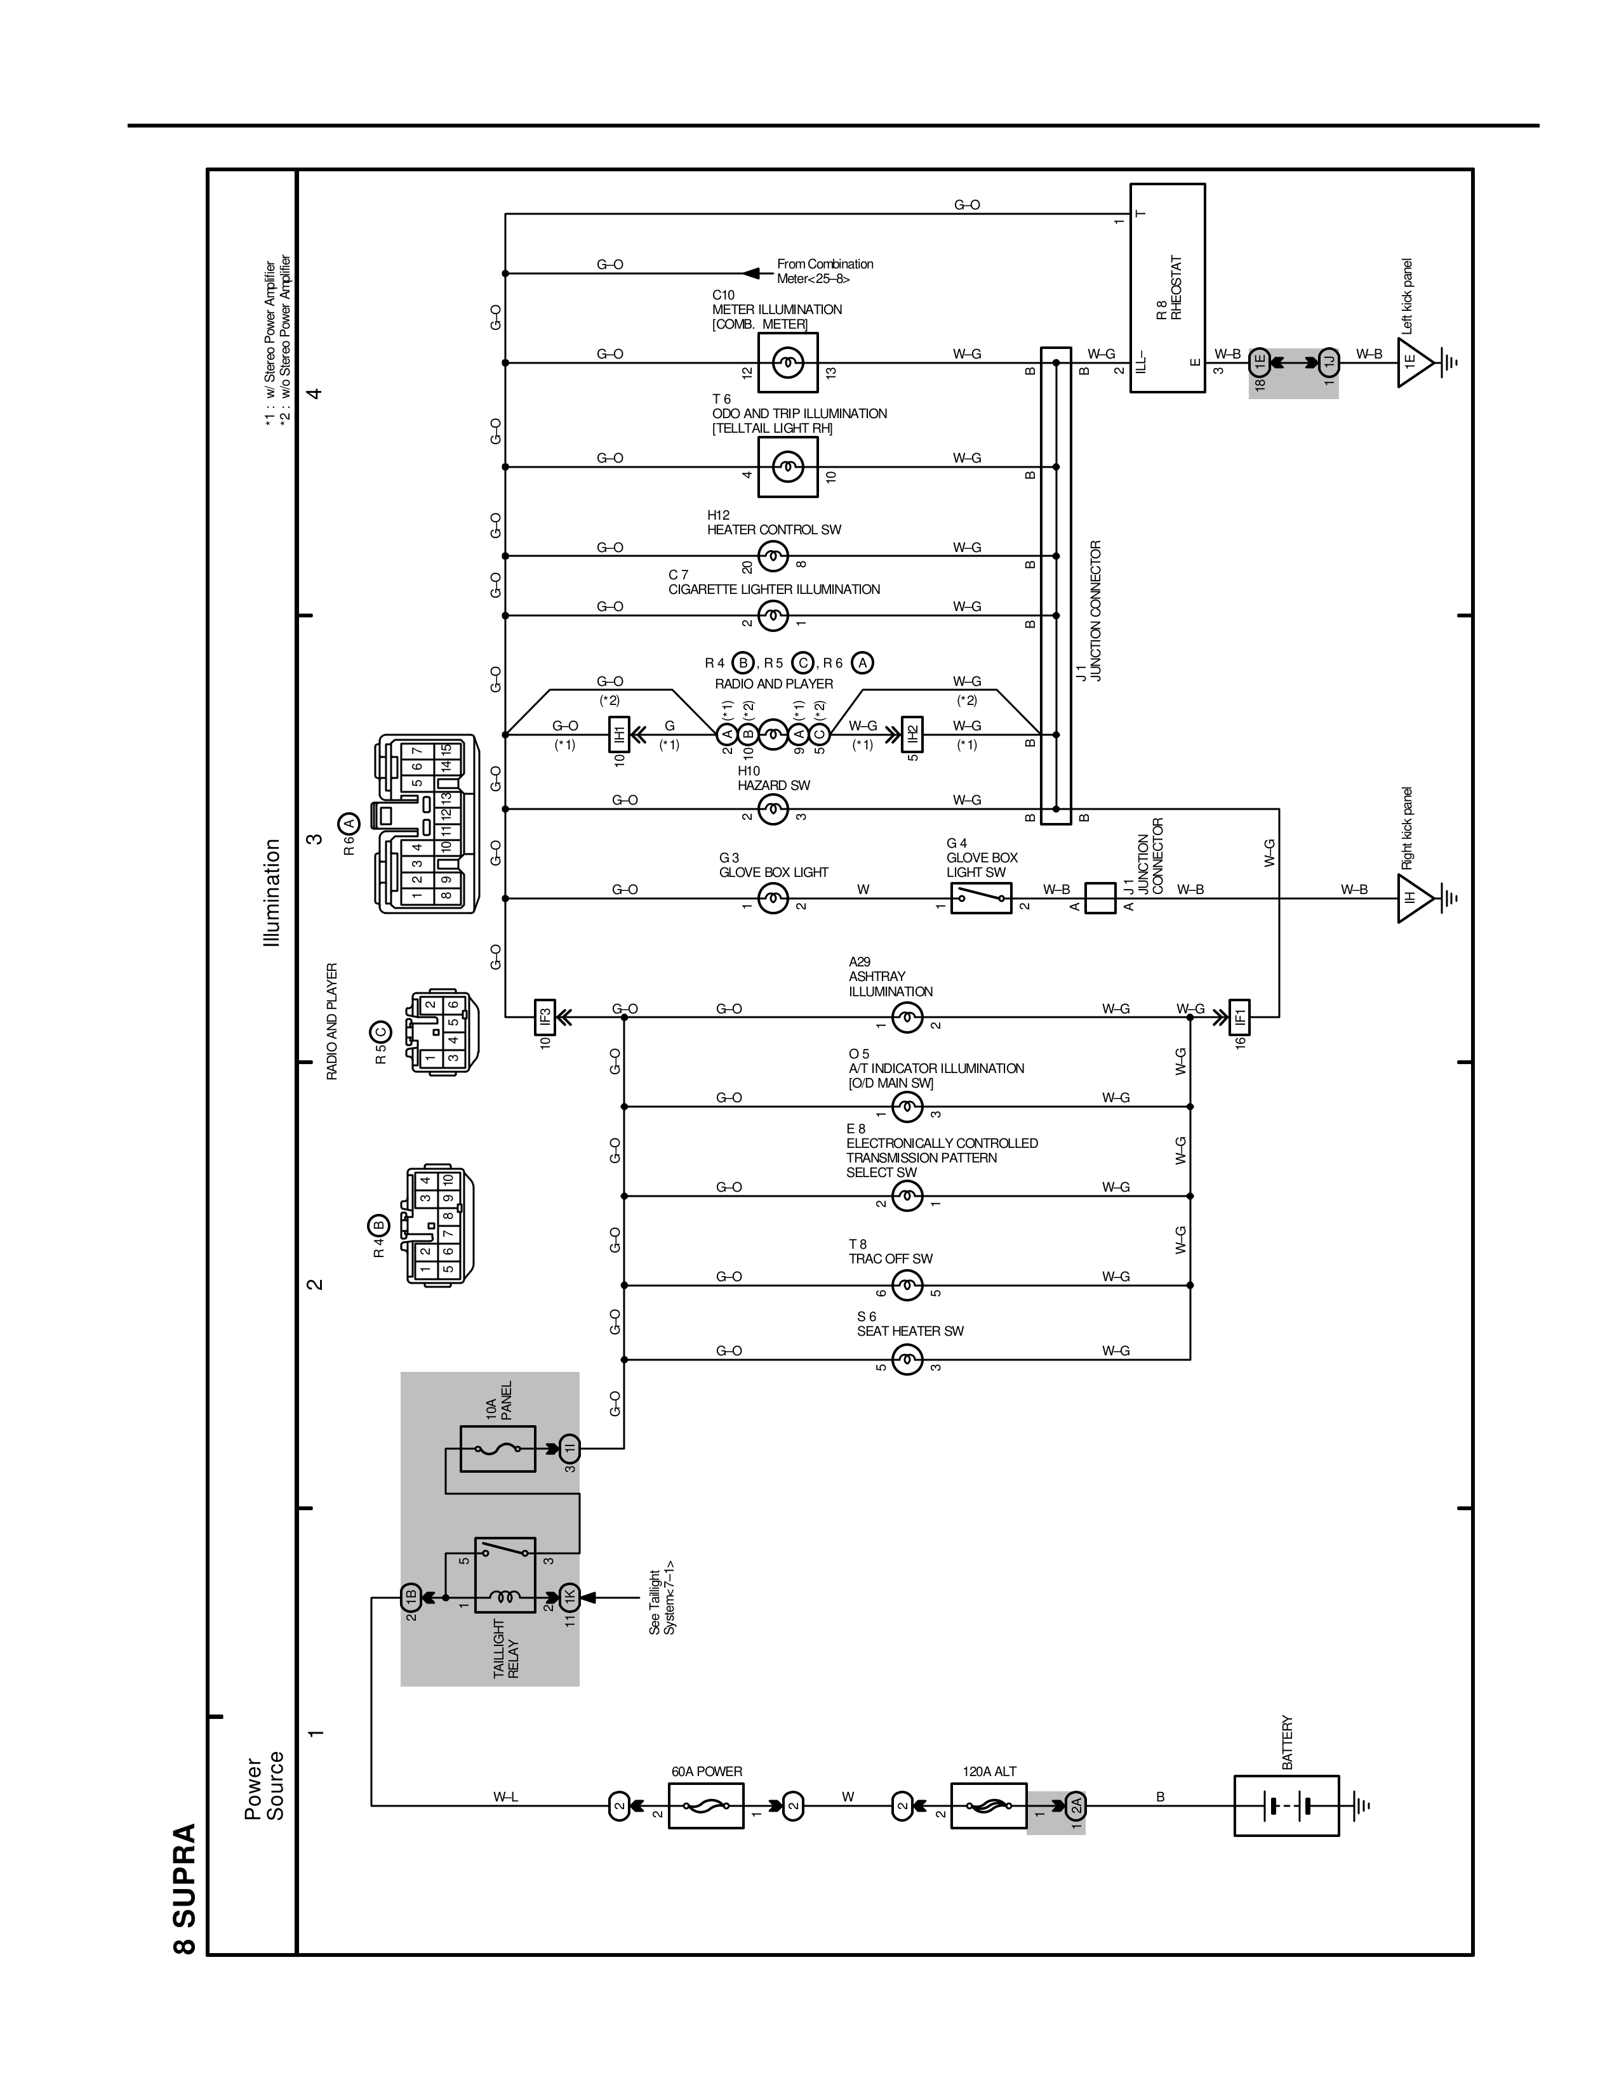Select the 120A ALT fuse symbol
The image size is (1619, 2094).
pos(988,1805)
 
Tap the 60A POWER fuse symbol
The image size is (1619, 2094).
pos(706,1805)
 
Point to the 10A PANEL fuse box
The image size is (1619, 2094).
pos(498,1449)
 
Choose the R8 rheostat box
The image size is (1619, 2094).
pos(1167,287)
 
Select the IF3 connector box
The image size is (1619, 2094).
pos(544,1017)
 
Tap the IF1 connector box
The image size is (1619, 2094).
pos(1239,1017)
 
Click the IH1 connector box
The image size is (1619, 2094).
pos(618,734)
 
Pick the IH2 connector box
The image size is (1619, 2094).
pos(912,734)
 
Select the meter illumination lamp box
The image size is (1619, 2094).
pos(787,362)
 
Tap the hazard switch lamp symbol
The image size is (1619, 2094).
pos(773,809)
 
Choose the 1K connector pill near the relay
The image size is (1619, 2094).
pos(569,1597)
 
